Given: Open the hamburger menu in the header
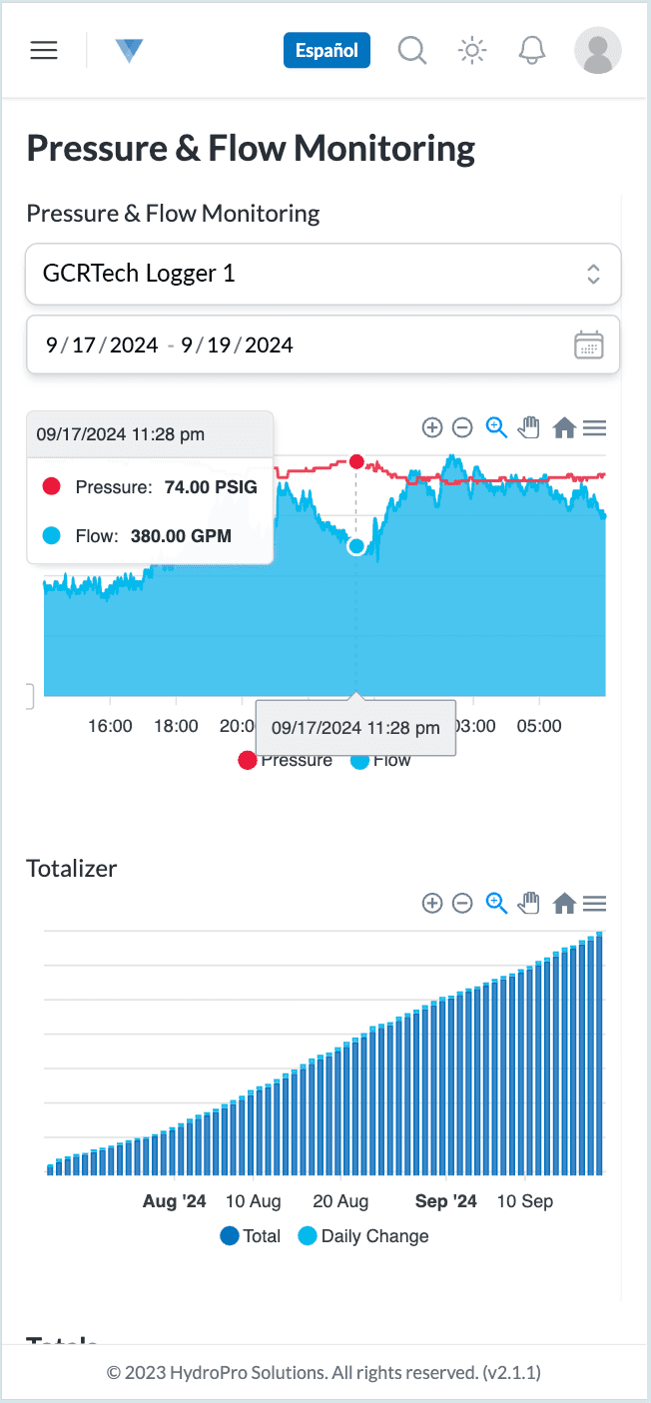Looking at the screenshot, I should coord(44,50).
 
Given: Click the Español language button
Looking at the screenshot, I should coord(326,50).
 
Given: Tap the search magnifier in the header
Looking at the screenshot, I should coord(412,50).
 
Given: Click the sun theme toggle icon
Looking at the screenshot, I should coord(471,50).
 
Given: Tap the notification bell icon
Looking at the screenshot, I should coord(531,50).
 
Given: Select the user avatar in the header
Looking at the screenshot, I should coord(597,50).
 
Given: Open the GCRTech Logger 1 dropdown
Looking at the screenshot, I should coord(323,274).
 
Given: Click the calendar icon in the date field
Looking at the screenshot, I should coord(589,346).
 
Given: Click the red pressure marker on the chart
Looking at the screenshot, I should coord(356,462).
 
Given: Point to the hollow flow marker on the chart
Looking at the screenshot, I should coord(356,546).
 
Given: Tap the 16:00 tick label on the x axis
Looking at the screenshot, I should coord(110,726).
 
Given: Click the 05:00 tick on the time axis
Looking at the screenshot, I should coord(539,726).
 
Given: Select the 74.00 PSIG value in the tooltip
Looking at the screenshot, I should coord(211,487).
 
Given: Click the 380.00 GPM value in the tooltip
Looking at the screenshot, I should coord(181,536).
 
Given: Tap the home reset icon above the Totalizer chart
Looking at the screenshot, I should coord(564,904).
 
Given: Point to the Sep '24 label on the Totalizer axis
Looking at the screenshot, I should coord(446,1201).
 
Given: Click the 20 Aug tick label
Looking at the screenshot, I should coord(340,1201).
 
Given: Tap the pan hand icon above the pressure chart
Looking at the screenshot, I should coord(529,428).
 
